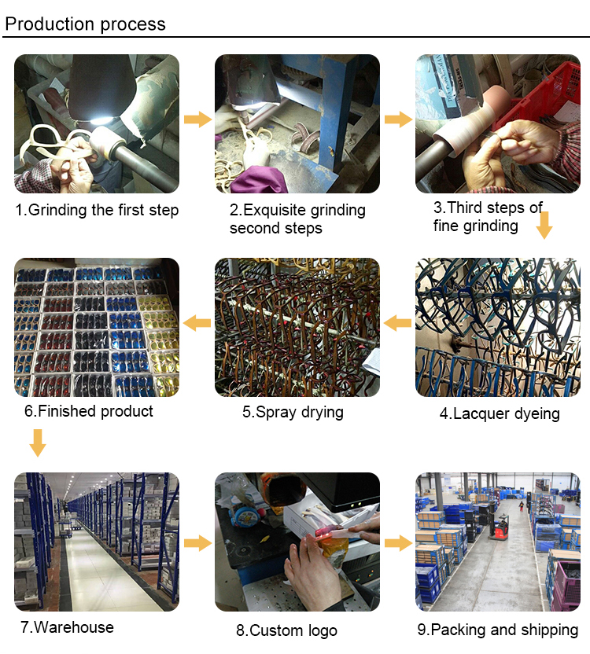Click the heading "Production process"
pyautogui.click(x=85, y=24)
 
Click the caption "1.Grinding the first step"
pyautogui.click(x=97, y=210)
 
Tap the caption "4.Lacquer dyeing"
pyautogui.click(x=500, y=413)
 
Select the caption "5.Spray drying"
pyautogui.click(x=293, y=412)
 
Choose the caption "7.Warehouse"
pyautogui.click(x=67, y=627)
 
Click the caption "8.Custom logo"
pyautogui.click(x=286, y=630)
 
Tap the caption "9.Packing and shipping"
pyautogui.click(x=497, y=630)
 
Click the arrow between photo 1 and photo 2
pyautogui.click(x=197, y=119)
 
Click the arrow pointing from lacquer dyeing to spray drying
pyautogui.click(x=398, y=321)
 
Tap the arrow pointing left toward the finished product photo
pyautogui.click(x=197, y=321)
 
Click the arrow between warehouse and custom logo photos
pyautogui.click(x=197, y=543)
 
